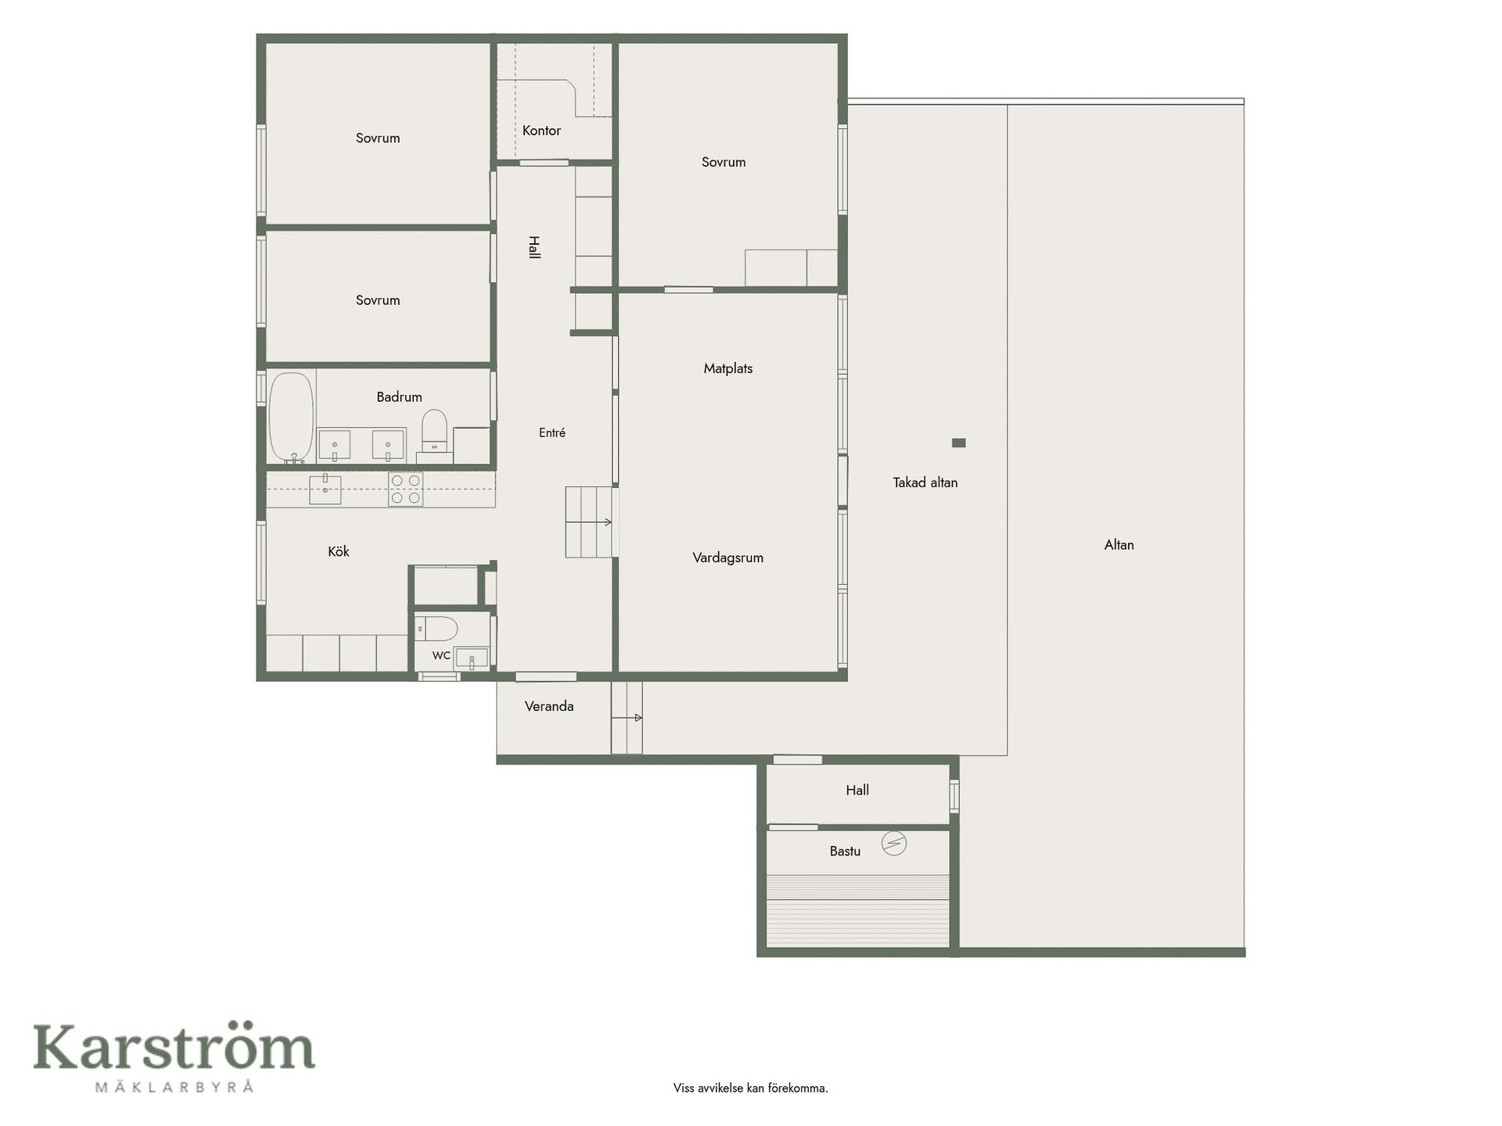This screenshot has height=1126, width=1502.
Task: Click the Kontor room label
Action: pos(541,131)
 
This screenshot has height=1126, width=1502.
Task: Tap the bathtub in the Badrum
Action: pos(292,418)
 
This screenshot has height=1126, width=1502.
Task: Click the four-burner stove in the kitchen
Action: pos(406,489)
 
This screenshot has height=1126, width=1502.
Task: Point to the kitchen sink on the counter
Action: pos(325,489)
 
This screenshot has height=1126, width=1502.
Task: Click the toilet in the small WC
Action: pos(437,628)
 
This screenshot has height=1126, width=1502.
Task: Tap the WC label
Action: pos(441,655)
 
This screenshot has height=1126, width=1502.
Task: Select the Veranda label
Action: pos(549,706)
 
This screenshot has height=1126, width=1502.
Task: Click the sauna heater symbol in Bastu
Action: pos(894,843)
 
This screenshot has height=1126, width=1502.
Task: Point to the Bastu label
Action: pos(845,851)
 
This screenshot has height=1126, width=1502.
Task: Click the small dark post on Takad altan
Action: pos(958,443)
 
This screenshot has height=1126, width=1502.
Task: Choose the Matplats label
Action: pos(728,368)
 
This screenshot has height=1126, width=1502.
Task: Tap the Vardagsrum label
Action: pos(728,558)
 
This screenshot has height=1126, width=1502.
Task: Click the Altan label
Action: pos(1119,545)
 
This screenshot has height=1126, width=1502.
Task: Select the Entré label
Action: pos(552,432)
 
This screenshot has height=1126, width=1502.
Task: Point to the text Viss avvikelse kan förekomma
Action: pos(750,1088)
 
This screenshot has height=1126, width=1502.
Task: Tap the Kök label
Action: pos(338,551)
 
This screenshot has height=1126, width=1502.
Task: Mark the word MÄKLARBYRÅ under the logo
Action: pos(174,1086)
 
